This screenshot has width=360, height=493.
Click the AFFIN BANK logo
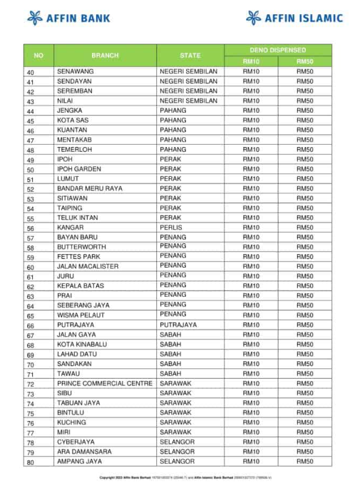point(68,18)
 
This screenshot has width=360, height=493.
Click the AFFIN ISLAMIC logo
point(294,18)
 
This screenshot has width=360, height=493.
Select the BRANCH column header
point(105,55)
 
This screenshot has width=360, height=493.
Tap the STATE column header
point(190,55)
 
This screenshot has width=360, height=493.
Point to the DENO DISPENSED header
point(278,50)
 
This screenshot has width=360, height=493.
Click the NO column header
point(38,55)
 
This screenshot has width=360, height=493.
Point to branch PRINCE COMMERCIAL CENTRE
point(105,383)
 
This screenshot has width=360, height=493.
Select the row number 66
point(31,325)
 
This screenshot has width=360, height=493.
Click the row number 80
point(31,462)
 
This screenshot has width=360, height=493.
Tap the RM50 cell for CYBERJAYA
point(305,442)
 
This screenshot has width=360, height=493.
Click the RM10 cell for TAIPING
point(251,208)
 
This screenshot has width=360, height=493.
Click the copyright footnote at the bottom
point(185,477)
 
